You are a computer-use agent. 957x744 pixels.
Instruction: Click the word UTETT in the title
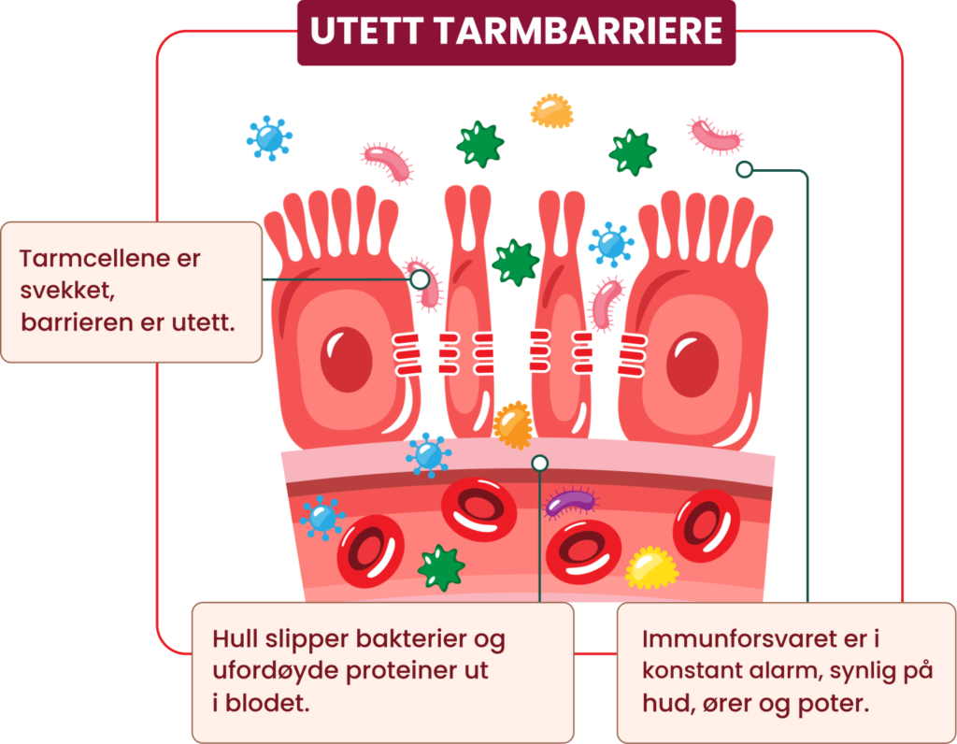[x=366, y=31]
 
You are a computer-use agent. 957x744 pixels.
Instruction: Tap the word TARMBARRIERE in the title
[x=580, y=31]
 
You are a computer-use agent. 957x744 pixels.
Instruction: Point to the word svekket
[x=67, y=290]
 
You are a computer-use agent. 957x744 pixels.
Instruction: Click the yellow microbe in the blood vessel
[x=651, y=568]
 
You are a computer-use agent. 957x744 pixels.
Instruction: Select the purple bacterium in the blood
[x=571, y=502]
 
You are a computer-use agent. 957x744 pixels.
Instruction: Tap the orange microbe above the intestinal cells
[x=551, y=111]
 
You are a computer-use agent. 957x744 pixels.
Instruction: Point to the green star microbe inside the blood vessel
[x=441, y=567]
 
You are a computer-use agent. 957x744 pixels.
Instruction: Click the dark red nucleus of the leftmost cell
[x=346, y=360]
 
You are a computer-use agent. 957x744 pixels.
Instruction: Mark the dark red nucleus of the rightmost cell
[x=693, y=365]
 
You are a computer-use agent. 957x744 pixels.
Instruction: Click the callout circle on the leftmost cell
[x=420, y=279]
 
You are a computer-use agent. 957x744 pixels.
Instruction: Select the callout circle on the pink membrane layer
[x=539, y=464]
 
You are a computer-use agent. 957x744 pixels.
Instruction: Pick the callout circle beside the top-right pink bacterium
[x=744, y=169]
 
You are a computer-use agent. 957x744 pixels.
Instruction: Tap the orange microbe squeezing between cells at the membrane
[x=513, y=424]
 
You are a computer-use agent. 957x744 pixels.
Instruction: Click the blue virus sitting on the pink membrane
[x=428, y=455]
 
